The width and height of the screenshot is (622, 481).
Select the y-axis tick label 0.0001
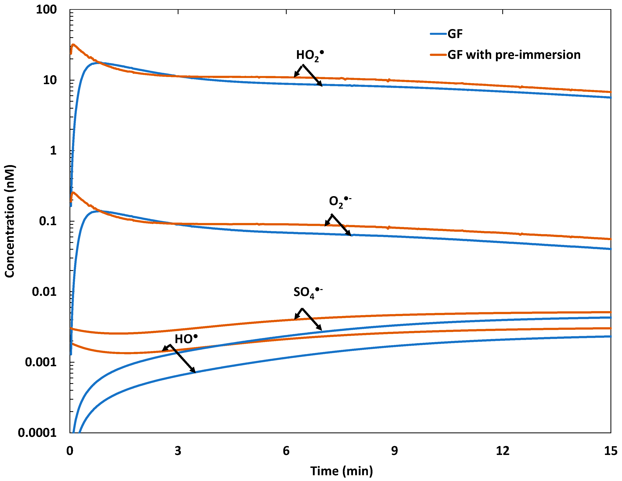coord(37,433)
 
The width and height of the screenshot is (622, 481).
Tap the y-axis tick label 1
coord(53,150)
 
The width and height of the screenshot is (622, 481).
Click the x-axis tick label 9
coord(394,451)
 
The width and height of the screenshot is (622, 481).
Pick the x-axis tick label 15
coord(610,451)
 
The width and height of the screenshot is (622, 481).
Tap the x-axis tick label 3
coord(178,451)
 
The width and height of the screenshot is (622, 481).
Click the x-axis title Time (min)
coord(341,471)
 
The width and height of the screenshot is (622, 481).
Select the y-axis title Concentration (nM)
coord(10,221)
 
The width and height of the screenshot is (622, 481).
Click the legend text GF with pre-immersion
coord(514,55)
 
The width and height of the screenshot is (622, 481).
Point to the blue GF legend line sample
coord(438,34)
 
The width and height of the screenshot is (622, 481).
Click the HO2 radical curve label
coord(310,55)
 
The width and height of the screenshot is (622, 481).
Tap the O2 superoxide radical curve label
coord(339,202)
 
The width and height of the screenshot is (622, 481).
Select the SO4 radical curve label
coord(308,293)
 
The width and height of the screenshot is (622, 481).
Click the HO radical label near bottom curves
coord(186,339)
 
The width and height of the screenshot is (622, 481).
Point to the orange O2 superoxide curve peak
coord(73,193)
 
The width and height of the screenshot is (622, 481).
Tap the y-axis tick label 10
coord(50,80)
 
